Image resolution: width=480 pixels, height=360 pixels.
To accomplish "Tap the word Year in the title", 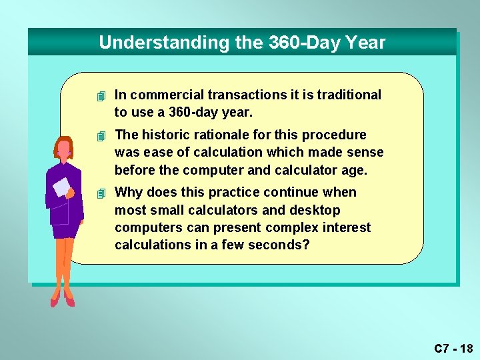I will coord(365,43).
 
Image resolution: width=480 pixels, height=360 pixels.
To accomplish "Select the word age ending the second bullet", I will coord(354,170).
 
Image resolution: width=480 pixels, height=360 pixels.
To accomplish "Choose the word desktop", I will coord(315,210).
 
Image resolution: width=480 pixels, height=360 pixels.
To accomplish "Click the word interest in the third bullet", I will coord(347,227).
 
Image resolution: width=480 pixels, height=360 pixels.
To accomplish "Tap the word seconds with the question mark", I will coord(278,245).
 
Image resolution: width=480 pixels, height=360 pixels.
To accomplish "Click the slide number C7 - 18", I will coord(453,348).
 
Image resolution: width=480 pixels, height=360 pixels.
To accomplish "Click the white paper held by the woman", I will coord(61,187).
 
